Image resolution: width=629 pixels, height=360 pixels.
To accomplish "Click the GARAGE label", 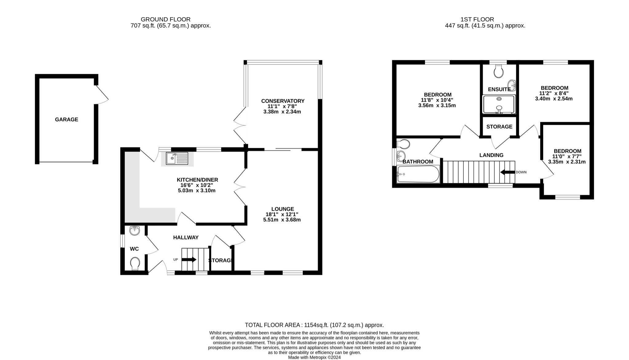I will [66, 119].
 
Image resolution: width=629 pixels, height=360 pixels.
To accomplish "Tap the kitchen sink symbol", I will [177, 158].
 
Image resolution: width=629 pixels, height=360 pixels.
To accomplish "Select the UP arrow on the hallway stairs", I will [189, 260].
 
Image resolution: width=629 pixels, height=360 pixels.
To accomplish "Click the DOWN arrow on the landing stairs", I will [507, 172].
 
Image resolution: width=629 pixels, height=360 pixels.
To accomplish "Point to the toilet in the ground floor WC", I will [135, 263].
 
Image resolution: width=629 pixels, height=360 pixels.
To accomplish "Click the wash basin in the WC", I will [135, 230].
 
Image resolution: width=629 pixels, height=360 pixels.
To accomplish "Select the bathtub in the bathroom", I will [418, 174].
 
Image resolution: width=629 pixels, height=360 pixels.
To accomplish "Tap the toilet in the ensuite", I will [499, 72].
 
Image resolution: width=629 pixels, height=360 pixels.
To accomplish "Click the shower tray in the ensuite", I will [499, 104].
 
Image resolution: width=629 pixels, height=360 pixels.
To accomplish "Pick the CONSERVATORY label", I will [283, 101].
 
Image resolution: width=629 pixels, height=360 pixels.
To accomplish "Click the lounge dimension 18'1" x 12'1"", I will [282, 214].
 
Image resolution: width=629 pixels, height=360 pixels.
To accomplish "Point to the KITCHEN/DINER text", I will [197, 180].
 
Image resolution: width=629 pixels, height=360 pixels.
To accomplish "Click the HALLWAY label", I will [186, 237].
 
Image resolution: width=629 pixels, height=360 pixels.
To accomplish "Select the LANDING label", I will [491, 155].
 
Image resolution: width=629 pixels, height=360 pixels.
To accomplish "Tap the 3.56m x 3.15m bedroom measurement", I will [437, 105].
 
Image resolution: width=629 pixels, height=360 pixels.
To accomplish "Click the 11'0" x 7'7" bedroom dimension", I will [567, 156].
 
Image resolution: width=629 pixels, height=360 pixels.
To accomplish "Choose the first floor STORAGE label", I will [499, 127].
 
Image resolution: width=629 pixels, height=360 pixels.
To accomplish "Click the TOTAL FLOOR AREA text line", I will [314, 325].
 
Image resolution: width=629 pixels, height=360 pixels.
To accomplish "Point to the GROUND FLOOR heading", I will [166, 19].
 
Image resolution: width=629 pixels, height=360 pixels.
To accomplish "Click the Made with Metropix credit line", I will [314, 358].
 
